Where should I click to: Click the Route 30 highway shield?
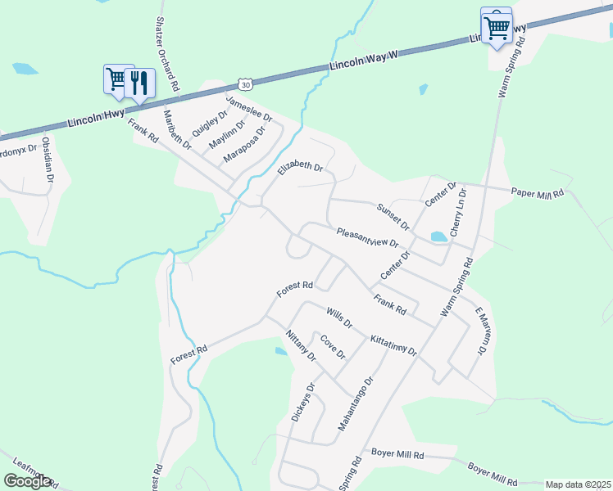pos(246,83)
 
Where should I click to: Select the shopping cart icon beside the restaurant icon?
pos(116,79)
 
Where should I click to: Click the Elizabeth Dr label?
pos(300,168)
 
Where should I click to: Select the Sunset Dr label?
pos(393,215)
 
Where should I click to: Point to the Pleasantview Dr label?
pos(368,237)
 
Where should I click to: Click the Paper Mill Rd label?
pos(538,194)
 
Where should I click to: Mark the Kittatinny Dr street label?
pos(393,345)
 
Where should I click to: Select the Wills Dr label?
pos(338,318)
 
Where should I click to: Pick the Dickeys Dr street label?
pos(302,403)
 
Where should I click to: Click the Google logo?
pos(27,481)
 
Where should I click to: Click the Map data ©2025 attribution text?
pos(578,484)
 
